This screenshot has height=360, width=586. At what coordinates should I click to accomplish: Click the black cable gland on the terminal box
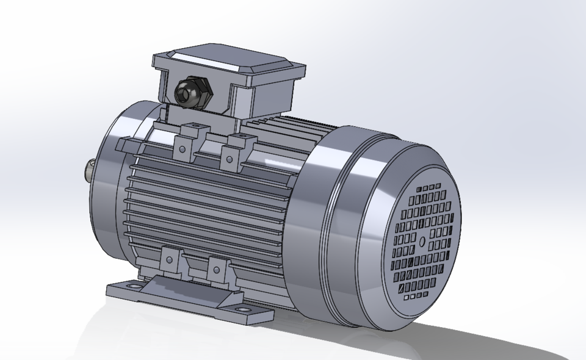[192, 92]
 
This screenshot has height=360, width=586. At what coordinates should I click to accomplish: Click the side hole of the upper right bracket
[229, 159]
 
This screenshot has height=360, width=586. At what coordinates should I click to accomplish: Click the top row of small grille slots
[431, 187]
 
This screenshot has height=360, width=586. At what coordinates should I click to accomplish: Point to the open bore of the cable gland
[183, 93]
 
